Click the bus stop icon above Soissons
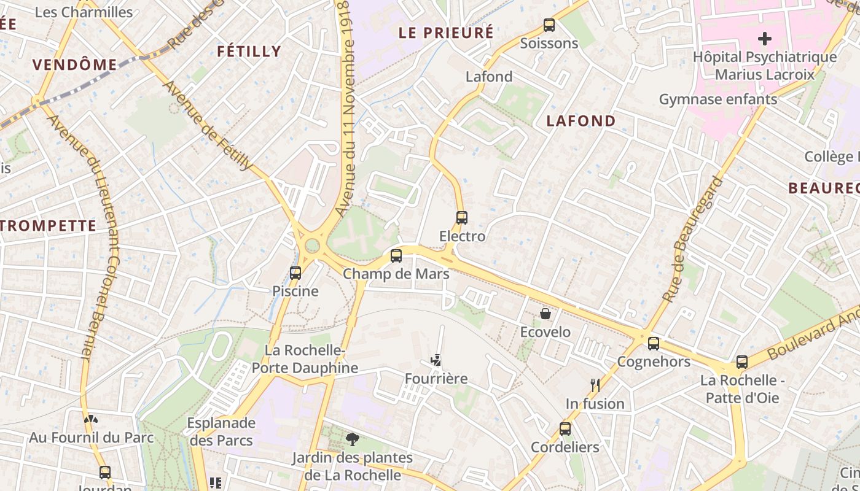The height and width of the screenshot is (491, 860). [549, 25]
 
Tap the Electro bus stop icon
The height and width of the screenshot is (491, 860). [461, 218]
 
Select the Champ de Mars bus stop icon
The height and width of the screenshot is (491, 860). [396, 256]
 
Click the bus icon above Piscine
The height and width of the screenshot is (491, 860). [295, 273]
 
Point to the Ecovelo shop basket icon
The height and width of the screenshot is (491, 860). [545, 314]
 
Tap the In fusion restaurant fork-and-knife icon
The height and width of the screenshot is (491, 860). [595, 385]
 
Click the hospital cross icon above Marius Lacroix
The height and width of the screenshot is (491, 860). [765, 39]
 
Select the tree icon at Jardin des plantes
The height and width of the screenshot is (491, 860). [353, 439]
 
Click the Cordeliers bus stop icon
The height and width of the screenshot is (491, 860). [565, 429]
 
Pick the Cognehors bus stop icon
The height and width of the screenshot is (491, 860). [654, 344]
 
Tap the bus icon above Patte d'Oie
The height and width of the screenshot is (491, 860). [742, 362]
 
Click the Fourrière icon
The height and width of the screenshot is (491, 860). [436, 360]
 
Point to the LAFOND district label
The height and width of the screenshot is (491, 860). [581, 121]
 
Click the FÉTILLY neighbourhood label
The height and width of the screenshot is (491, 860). [249, 52]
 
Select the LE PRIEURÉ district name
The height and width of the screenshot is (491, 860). [446, 33]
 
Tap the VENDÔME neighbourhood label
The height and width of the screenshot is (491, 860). [74, 64]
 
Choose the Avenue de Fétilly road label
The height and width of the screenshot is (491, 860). [208, 125]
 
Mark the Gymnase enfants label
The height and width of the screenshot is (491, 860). [718, 99]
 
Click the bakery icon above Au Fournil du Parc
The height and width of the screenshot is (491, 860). [91, 419]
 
